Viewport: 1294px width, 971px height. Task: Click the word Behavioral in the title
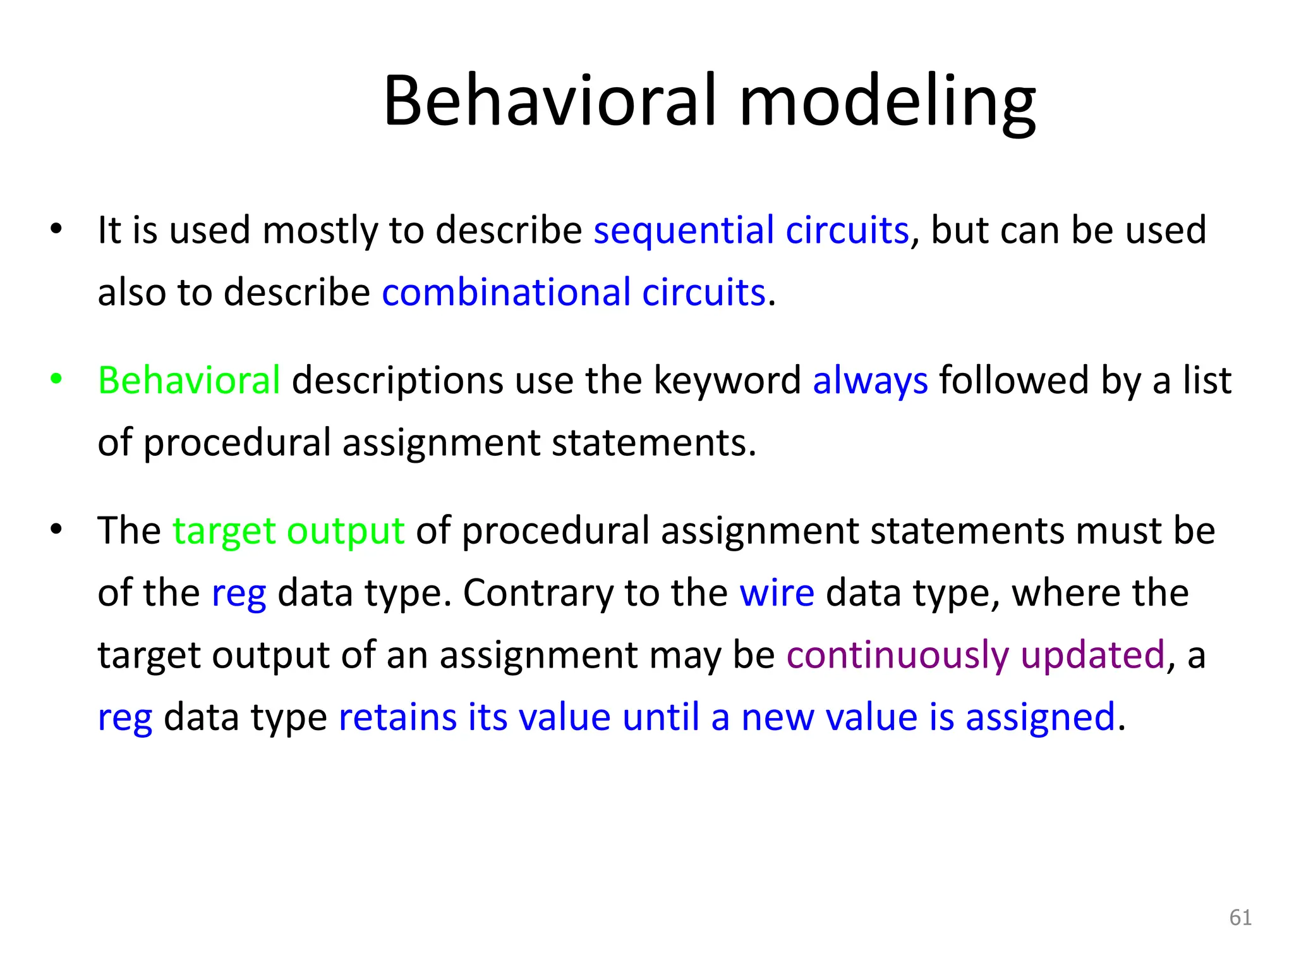(x=550, y=101)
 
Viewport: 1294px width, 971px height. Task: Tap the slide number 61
(x=1240, y=917)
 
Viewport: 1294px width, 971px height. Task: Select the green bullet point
(x=57, y=379)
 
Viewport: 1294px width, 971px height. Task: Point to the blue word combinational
(x=506, y=293)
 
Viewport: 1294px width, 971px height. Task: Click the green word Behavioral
(x=189, y=381)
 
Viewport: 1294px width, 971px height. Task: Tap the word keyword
(x=727, y=381)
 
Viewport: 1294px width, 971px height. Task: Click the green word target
(x=224, y=531)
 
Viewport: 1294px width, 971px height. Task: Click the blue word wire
(x=777, y=593)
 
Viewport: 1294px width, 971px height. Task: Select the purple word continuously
(x=897, y=655)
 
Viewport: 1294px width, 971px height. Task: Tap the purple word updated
(x=1092, y=655)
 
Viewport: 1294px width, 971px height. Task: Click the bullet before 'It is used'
(x=57, y=229)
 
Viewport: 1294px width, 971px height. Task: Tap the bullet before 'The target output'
(x=57, y=529)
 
